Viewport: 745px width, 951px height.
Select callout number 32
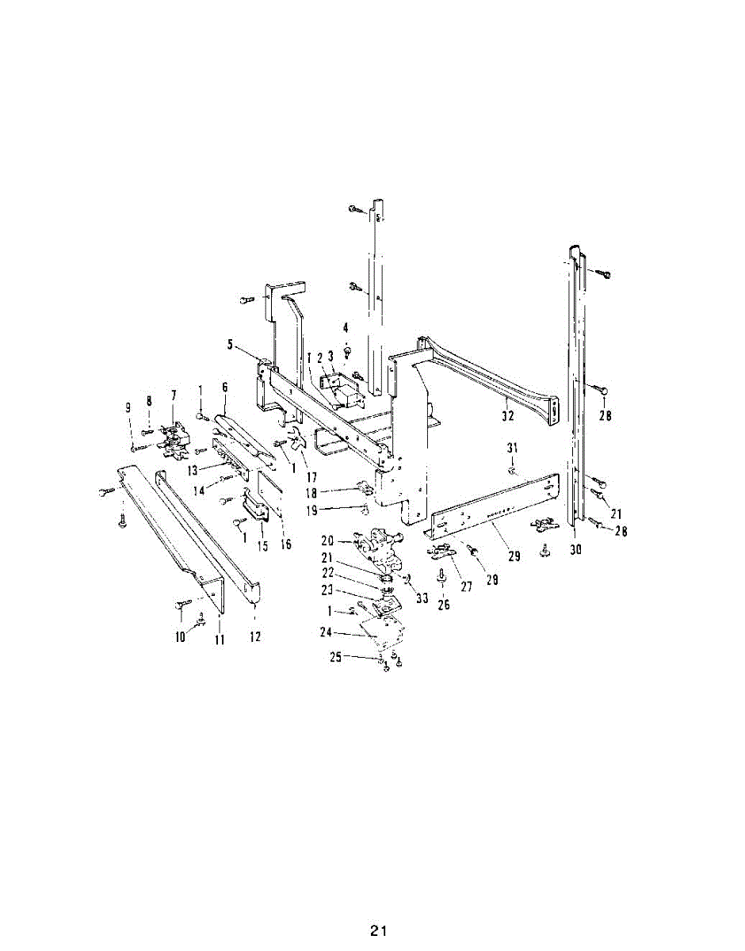(508, 416)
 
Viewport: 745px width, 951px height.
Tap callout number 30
(576, 550)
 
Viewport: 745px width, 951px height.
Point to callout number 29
(514, 556)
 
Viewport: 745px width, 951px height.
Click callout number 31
(512, 448)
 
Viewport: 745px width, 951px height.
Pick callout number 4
(346, 327)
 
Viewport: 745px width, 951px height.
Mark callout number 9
(128, 408)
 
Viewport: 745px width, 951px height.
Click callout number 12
(255, 636)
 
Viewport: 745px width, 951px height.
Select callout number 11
(220, 640)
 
